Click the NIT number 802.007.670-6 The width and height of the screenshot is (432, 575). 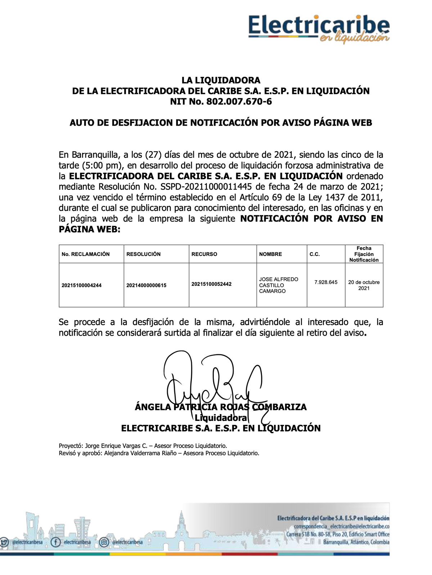coord(239,102)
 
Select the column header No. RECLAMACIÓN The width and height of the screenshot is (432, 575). coord(86,254)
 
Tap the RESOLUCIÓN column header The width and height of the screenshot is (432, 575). coord(144,254)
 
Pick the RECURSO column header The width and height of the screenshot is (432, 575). coord(204,254)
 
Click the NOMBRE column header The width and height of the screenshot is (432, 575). coord(270,254)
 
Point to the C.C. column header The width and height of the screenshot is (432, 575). coord(315,254)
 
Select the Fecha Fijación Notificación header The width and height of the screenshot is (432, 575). coord(364,254)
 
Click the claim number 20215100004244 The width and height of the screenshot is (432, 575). coord(82,286)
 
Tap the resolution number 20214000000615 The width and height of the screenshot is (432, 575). coord(147,286)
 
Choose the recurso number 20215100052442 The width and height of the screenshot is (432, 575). coord(212,284)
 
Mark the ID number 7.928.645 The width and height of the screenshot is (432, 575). coord(326,282)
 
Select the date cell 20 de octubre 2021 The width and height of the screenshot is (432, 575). coord(364,285)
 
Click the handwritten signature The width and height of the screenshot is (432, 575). coord(212,382)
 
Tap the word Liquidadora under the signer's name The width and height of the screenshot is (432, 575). coord(221,418)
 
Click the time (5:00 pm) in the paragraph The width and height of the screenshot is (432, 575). coord(100,166)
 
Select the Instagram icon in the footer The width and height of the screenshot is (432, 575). coord(104,542)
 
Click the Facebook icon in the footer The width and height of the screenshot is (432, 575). coord(55,542)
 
